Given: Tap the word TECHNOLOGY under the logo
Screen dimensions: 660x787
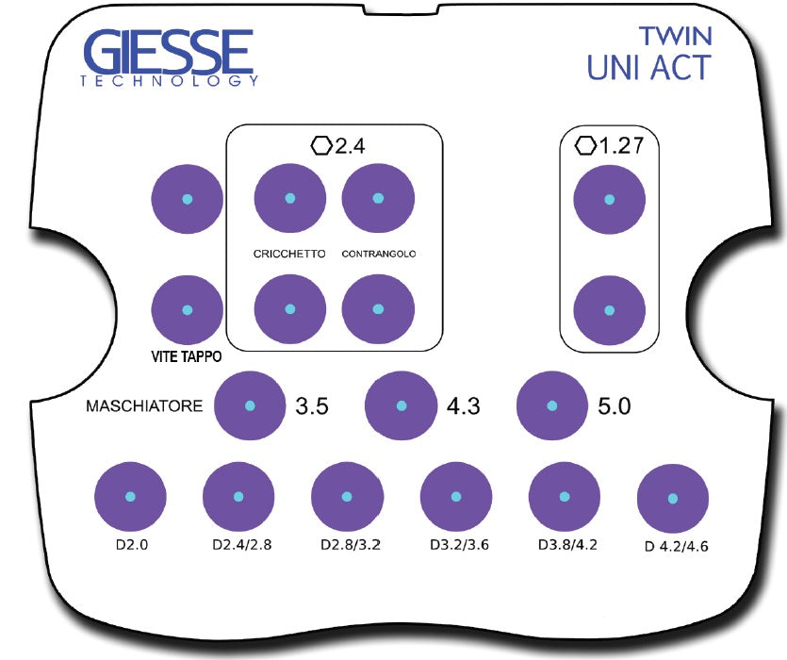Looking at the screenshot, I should point(169,82).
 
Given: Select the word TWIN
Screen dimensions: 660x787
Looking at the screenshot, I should point(675,36).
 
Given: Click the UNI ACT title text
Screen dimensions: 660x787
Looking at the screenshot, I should point(648,68).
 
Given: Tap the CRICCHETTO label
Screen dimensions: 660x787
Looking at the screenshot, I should point(289,254).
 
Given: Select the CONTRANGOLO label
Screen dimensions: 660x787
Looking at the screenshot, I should point(378,254).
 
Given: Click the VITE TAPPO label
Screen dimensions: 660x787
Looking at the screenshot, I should point(187,357).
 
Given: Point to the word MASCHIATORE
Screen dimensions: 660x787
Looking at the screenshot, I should point(144,407).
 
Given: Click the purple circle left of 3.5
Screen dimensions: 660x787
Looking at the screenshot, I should point(250,405).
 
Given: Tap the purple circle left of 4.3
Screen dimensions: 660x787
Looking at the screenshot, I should point(402,405).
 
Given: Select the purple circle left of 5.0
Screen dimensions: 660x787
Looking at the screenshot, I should point(553,405).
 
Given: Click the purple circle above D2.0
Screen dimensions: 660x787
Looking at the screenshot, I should point(130,497).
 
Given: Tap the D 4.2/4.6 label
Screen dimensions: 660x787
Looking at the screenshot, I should point(675,546).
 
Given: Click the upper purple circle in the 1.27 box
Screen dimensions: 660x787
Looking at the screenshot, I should point(610,199).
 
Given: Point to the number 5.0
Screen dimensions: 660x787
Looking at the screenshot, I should point(614,407).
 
